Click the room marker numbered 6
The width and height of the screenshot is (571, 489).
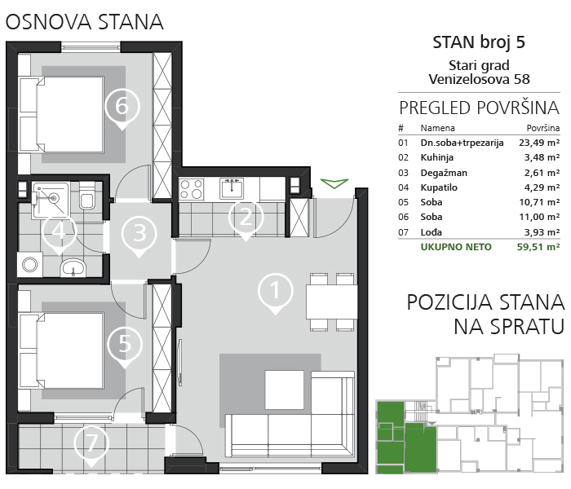122,106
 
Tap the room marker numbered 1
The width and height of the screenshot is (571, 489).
276,291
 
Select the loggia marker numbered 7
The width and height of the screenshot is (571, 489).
91,443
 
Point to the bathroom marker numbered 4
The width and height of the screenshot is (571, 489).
60,231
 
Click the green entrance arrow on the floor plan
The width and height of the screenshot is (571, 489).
334,183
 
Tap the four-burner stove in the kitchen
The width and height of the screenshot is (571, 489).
191,189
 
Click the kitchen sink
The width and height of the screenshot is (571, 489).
232,188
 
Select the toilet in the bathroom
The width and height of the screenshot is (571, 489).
87,196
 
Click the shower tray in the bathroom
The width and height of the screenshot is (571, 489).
50,200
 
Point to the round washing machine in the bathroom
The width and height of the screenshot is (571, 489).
30,265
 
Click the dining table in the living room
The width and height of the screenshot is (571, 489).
331,302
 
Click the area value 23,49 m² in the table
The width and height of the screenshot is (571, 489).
539,143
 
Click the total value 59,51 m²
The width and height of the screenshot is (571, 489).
538,247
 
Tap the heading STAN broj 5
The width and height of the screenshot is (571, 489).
479,42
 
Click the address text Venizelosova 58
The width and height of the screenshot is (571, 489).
479,79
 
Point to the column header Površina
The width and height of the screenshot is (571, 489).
543,128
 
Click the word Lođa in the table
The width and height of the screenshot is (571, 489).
432,231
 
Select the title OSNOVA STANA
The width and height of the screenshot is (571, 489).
85,22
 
